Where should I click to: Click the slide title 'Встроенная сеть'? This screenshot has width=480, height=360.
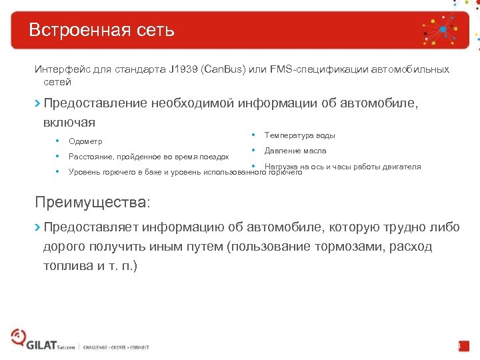(x=101, y=30)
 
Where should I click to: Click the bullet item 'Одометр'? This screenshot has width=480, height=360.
(x=85, y=141)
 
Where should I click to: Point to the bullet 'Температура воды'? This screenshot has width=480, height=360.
(x=299, y=135)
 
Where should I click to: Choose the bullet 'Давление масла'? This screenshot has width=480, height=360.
(x=295, y=151)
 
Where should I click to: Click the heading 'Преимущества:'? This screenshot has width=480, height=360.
(x=93, y=201)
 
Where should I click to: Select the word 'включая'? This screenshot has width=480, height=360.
(x=69, y=123)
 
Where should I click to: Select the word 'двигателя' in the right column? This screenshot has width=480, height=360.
(x=400, y=167)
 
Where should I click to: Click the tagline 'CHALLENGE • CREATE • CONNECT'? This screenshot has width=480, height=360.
(x=116, y=347)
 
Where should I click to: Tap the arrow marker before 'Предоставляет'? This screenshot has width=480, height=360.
(x=37, y=227)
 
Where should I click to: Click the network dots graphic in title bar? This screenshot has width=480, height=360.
(x=442, y=30)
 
